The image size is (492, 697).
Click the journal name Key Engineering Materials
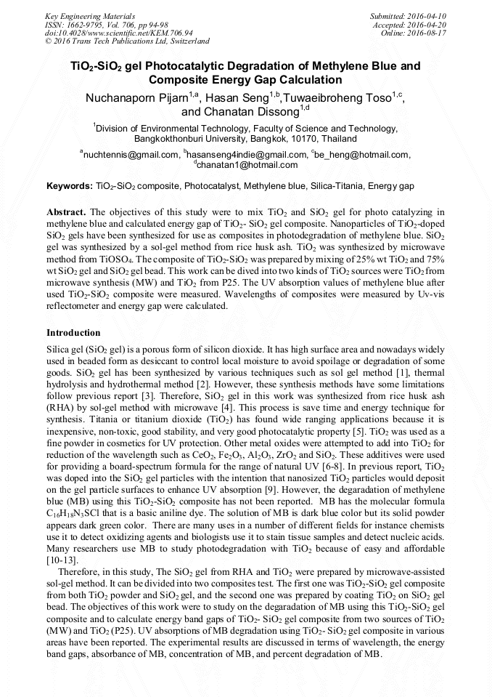[90, 15]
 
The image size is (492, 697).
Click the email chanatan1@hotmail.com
[247, 165]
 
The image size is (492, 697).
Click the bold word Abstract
[67, 211]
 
